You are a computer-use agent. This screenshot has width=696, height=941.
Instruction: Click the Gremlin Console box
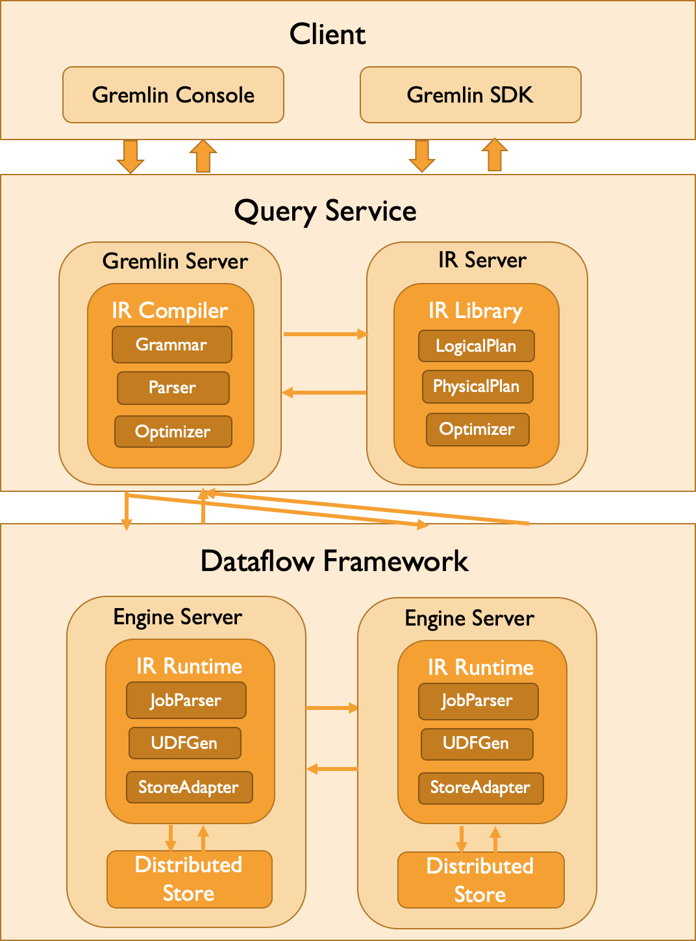173,95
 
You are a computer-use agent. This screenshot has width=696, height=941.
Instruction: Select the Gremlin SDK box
470,95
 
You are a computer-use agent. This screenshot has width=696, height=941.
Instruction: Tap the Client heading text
327,34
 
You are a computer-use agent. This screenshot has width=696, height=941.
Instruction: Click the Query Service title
325,212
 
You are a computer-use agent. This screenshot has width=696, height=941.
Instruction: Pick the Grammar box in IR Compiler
171,345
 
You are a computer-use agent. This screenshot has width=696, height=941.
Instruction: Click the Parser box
173,388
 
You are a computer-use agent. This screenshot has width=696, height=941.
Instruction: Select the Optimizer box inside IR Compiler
173,432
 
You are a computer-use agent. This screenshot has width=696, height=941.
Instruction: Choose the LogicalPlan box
476,346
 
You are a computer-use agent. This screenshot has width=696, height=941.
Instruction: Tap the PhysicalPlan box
477,387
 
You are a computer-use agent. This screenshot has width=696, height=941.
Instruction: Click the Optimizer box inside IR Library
477,430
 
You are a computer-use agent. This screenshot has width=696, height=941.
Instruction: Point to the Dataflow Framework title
334,561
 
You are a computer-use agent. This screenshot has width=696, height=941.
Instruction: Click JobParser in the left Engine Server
186,700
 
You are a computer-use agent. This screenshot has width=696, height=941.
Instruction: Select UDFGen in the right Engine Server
477,744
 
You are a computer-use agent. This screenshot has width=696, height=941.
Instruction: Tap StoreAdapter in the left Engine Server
189,787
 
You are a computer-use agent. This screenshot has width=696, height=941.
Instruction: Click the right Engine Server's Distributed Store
480,880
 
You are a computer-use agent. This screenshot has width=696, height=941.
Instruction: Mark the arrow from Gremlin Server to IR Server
325,334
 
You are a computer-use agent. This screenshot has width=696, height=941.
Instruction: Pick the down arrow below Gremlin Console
130,156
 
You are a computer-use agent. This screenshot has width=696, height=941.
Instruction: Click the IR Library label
475,311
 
